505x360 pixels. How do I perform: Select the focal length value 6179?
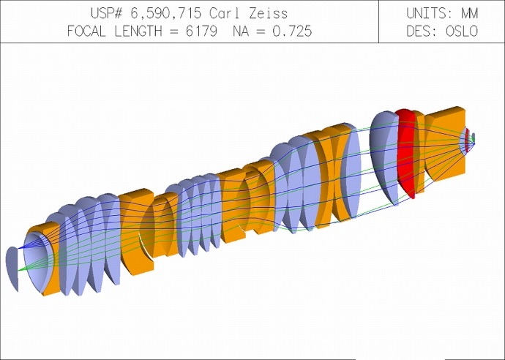201,31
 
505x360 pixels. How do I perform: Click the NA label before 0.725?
242,31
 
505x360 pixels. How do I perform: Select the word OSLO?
461,31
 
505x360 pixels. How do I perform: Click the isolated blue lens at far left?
12,269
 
